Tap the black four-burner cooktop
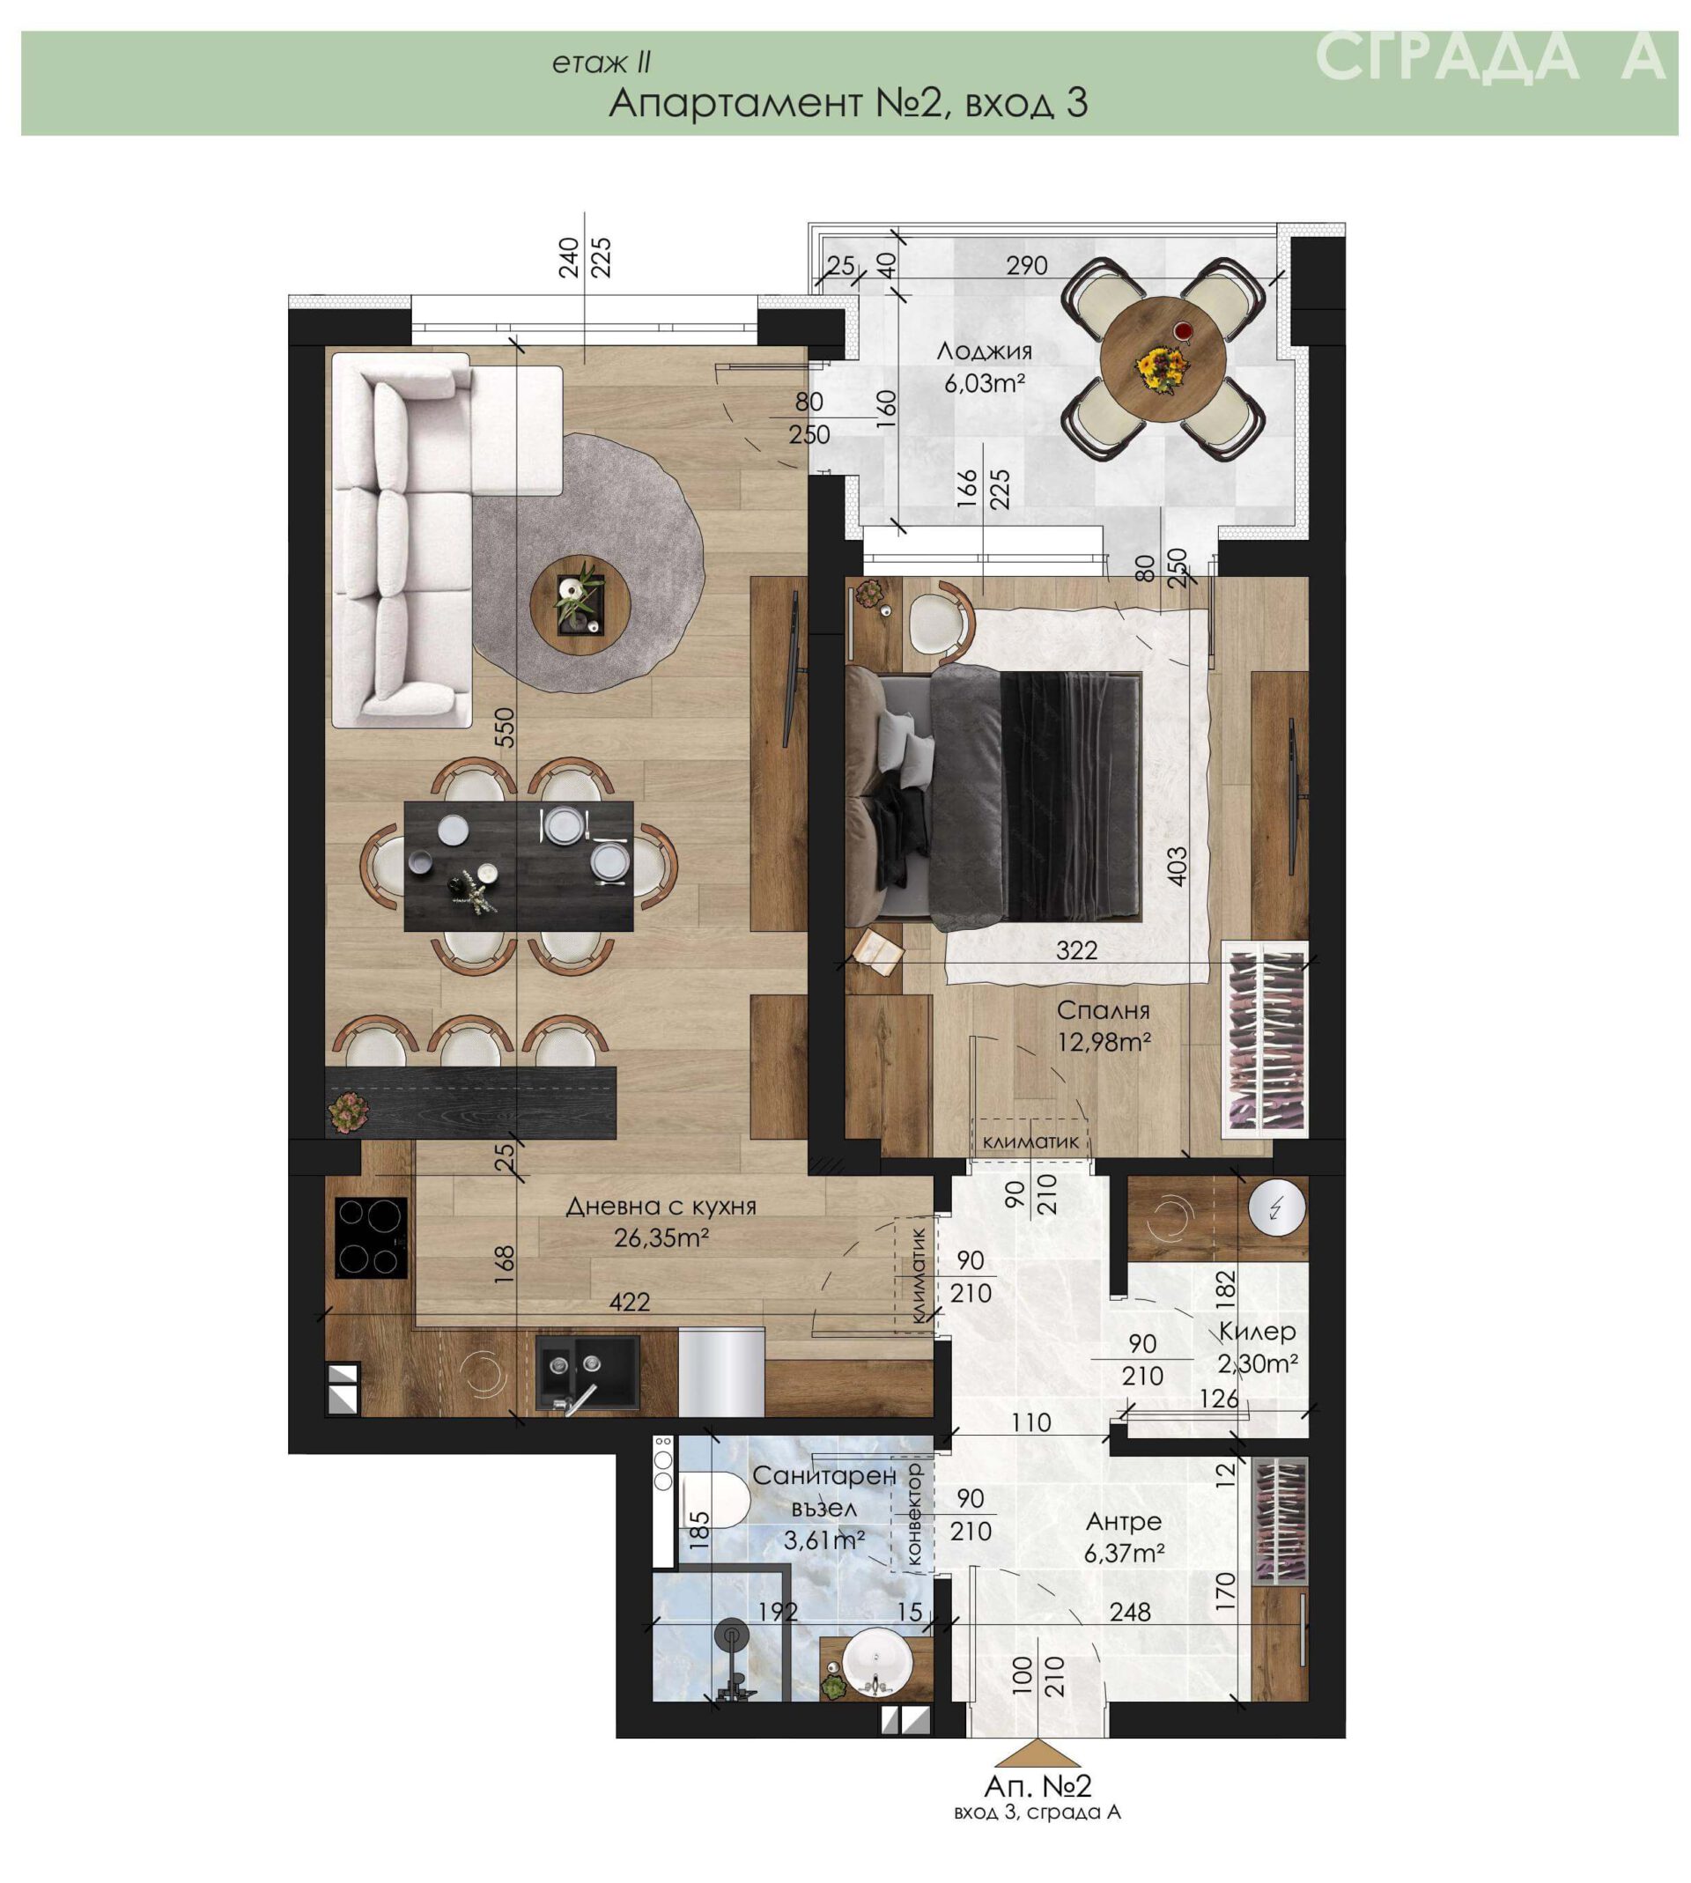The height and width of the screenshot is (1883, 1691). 372,1237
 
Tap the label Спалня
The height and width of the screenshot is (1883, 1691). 1103,1010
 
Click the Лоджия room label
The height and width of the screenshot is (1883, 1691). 984,351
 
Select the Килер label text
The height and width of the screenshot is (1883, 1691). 1257,1331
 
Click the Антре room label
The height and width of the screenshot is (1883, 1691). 1124,1522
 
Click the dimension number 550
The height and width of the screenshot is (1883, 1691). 503,727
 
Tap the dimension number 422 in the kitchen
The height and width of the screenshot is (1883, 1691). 629,1303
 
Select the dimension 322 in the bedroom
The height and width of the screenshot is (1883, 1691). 1077,949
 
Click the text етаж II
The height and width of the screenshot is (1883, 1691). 602,63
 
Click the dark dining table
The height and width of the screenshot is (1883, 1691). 520,866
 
